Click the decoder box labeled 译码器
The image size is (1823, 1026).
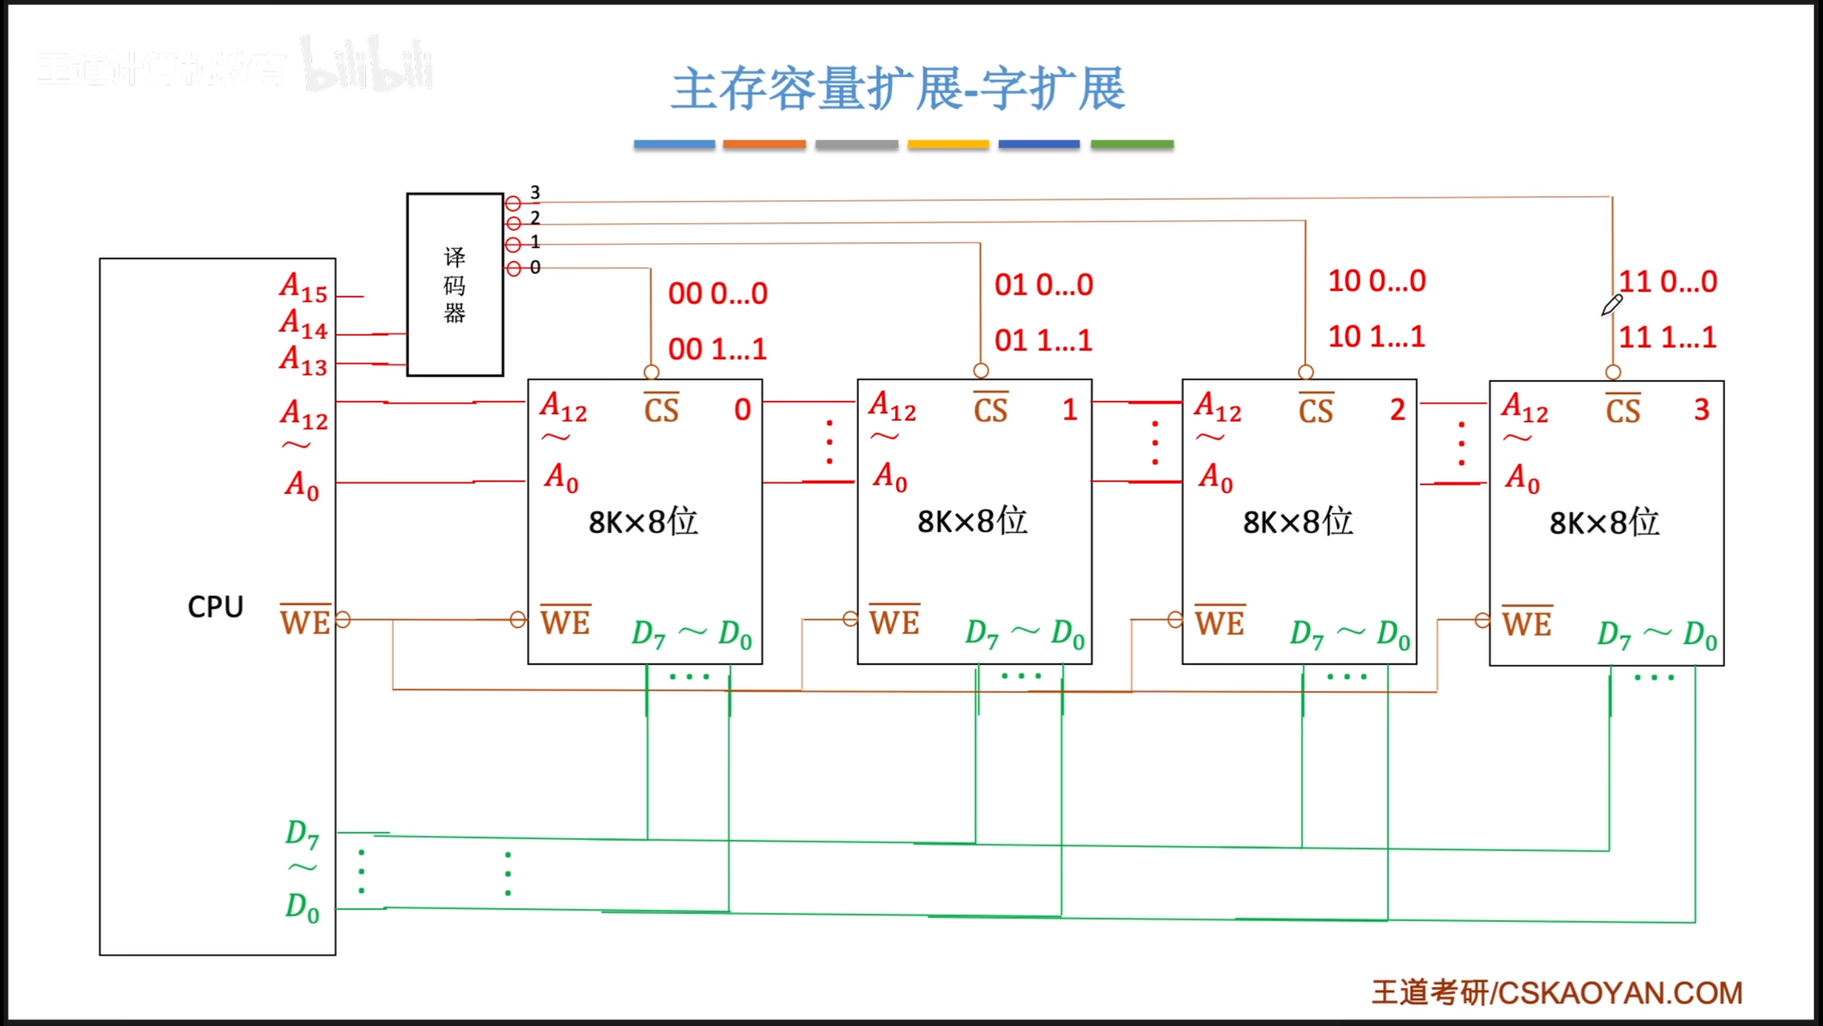coord(454,284)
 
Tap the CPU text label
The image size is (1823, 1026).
coord(215,607)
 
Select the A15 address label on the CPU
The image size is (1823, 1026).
coord(303,287)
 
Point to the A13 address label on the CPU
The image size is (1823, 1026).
coord(303,361)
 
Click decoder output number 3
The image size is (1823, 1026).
coord(535,192)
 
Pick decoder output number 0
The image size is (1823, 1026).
coord(535,267)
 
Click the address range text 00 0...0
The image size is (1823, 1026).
coord(717,294)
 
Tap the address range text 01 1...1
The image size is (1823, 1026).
coord(1043,341)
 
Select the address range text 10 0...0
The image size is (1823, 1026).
coord(1377,281)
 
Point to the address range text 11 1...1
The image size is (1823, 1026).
coord(1667,337)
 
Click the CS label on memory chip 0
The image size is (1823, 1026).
coord(661,410)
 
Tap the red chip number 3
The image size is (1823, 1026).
coord(1701,410)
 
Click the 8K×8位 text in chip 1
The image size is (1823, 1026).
coord(972,522)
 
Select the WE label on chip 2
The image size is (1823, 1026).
coord(1220,623)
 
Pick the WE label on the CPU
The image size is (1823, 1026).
coord(305,621)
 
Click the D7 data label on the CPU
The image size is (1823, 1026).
coord(302,834)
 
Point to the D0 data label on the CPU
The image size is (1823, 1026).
coord(302,908)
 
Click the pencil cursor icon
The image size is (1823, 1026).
coord(1612,306)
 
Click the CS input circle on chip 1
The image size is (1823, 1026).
coord(981,370)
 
